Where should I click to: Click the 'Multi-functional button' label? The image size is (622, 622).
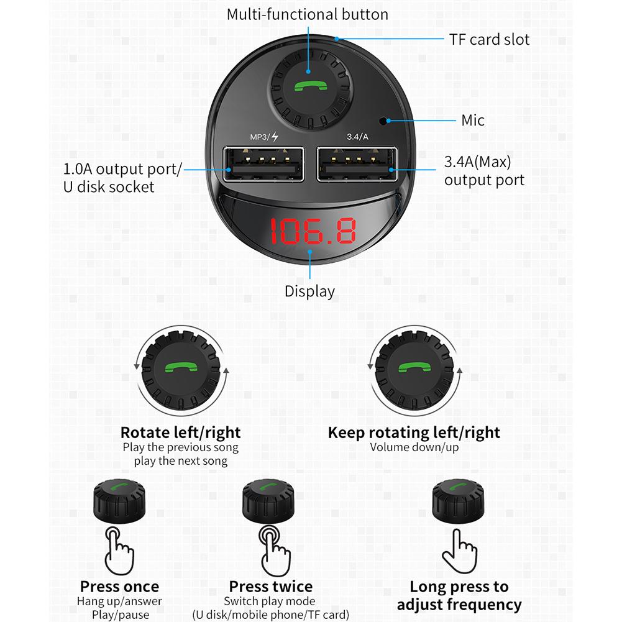coord(307,14)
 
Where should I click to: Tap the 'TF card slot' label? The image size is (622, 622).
coord(490,40)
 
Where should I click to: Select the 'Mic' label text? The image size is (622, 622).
coord(473,120)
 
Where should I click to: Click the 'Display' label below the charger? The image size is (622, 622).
coord(309,291)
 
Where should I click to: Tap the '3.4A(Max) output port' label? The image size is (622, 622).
coord(483,172)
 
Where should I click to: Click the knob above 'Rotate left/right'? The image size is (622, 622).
coord(180,370)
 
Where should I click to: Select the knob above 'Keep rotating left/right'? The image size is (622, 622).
coord(414,370)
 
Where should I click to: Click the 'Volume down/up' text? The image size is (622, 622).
coord(414,447)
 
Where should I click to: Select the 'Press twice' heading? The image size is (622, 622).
coord(271,587)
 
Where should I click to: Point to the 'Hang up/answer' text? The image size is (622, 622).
coord(119,601)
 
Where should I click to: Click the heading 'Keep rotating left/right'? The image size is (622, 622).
coord(414,432)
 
